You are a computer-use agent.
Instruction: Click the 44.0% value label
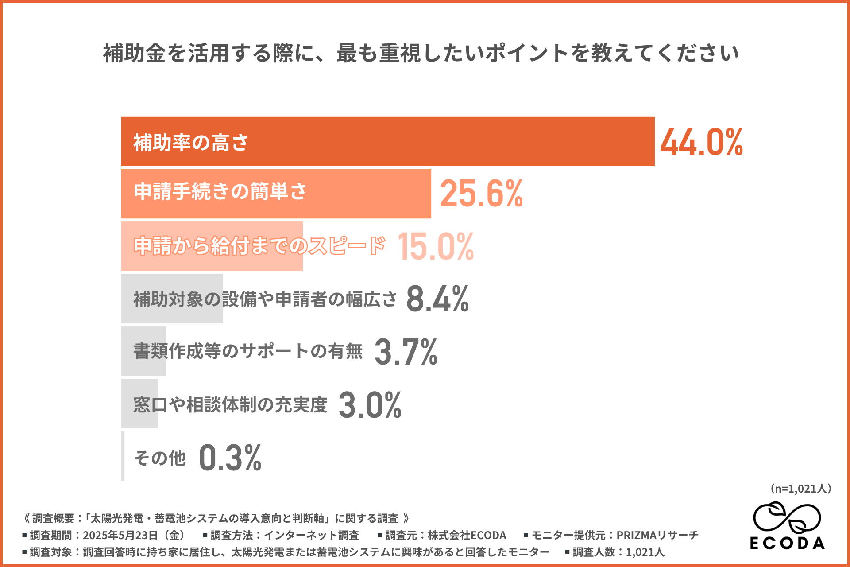701,142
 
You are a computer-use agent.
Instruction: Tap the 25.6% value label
481,194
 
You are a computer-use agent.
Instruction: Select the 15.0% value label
436,247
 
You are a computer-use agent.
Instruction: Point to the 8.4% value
437,299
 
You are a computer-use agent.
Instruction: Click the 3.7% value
406,352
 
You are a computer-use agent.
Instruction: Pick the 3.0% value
370,404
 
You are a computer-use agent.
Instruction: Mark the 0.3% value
230,458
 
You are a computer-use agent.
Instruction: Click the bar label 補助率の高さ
191,143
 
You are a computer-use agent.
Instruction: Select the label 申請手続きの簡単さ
220,191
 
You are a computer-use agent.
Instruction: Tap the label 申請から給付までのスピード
259,246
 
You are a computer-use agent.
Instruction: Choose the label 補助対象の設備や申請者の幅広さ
265,299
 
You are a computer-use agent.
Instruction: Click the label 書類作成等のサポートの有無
248,351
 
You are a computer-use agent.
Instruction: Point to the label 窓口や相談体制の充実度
230,404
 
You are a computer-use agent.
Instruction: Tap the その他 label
160,458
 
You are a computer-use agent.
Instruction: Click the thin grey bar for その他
123,456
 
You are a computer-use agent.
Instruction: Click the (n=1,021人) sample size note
800,489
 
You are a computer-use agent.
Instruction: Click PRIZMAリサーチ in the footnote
657,535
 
